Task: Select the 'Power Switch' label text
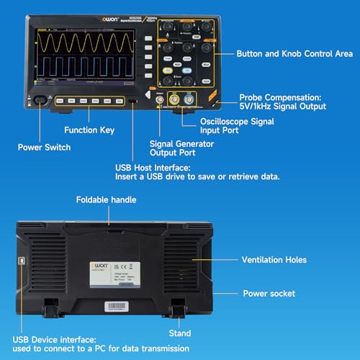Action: tap(45, 148)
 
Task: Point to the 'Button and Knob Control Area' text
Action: tap(294, 54)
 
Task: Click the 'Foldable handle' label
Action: tap(105, 200)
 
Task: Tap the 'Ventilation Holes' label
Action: tap(274, 260)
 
